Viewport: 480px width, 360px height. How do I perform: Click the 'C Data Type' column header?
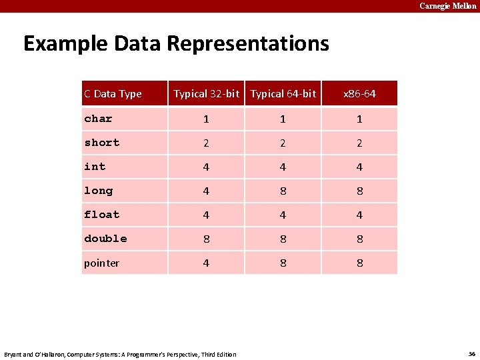(x=113, y=94)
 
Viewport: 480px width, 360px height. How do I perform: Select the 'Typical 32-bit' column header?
(x=206, y=94)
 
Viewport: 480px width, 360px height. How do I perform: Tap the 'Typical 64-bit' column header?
(x=283, y=94)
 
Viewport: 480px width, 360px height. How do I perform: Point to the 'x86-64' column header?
(x=359, y=94)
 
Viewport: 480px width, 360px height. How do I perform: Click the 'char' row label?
(x=98, y=119)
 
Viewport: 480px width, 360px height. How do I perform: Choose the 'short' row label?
(x=101, y=143)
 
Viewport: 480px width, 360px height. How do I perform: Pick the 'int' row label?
(x=95, y=167)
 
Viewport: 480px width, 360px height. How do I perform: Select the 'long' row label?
(x=98, y=191)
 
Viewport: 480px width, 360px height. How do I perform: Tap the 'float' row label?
(x=101, y=215)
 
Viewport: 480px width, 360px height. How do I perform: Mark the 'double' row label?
(x=105, y=239)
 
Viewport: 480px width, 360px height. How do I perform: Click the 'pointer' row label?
(x=101, y=263)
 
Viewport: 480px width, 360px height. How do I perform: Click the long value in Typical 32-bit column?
(x=206, y=191)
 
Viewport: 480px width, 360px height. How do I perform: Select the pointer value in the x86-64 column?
(x=359, y=263)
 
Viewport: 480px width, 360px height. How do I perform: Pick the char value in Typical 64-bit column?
(x=283, y=119)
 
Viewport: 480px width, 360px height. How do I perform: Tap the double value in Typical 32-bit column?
(x=206, y=239)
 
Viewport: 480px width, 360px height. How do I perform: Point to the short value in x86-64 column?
(x=359, y=143)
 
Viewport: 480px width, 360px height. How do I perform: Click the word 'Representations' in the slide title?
(x=247, y=44)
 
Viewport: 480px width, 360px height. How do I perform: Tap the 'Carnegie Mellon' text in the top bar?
(x=448, y=6)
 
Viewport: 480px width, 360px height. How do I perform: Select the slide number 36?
(x=471, y=353)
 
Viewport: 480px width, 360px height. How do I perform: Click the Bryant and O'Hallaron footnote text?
(x=120, y=354)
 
